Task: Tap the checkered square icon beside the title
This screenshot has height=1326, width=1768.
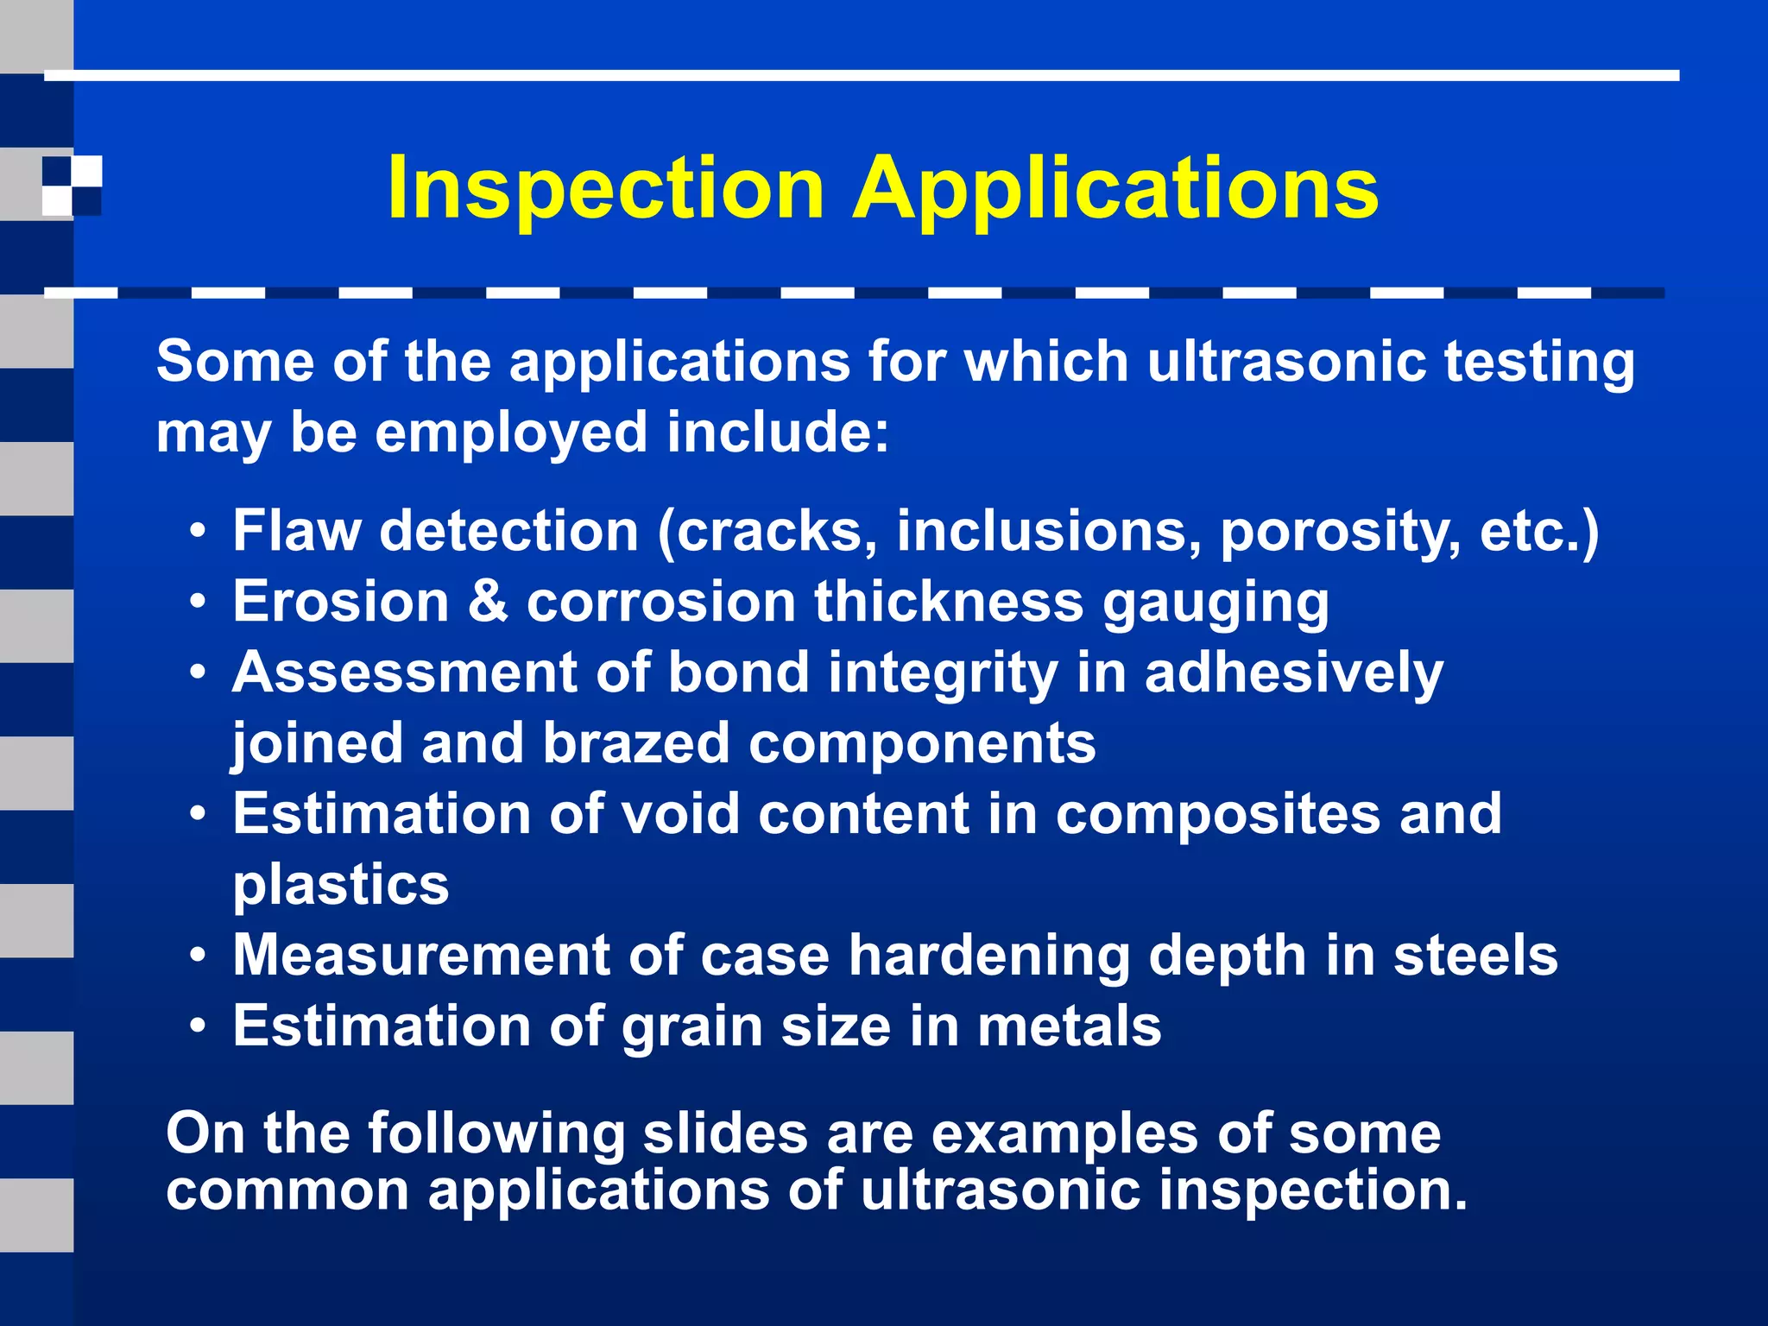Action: pos(73,185)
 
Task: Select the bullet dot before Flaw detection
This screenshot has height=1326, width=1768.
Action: pos(199,531)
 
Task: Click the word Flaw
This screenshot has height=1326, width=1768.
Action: pos(296,530)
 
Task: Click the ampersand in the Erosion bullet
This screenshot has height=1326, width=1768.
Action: pos(488,601)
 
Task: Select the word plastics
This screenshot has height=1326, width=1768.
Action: pos(341,886)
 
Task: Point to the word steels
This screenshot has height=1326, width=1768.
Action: pos(1475,955)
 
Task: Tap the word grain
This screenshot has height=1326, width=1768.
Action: pos(691,1027)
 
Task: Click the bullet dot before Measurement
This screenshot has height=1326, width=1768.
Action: pos(199,957)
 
